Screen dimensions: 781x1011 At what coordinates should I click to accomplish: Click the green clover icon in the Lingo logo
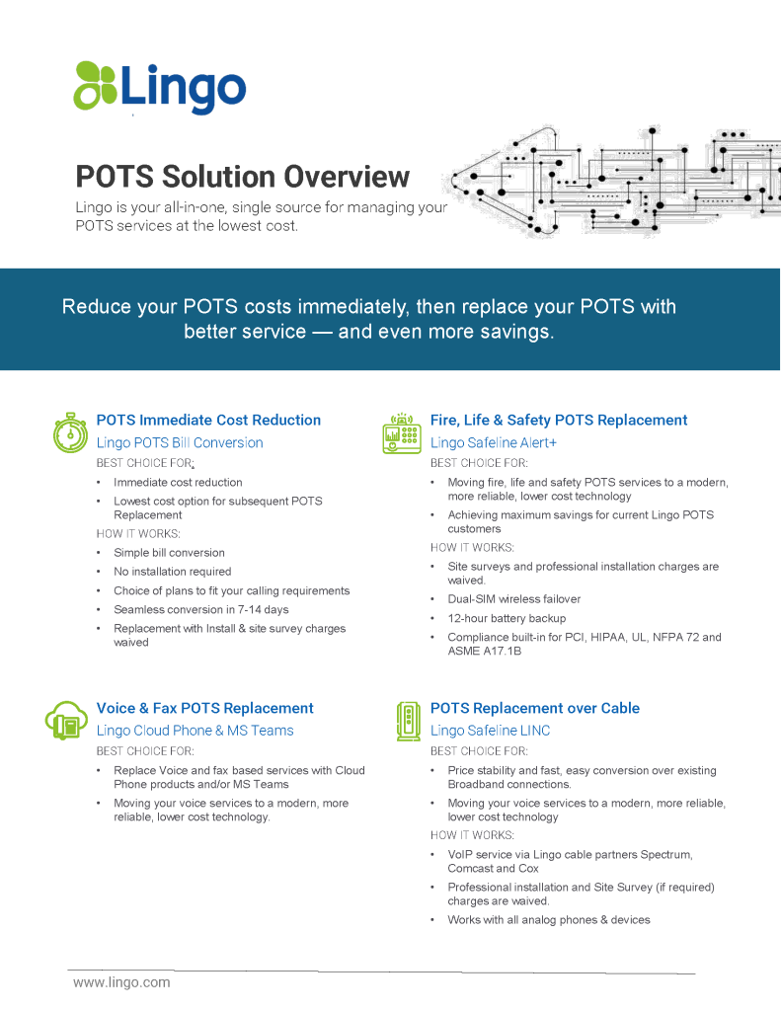[95, 85]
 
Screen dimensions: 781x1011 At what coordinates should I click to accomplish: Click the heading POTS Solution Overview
[243, 177]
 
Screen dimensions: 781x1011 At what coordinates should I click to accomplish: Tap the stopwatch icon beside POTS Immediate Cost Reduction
[70, 432]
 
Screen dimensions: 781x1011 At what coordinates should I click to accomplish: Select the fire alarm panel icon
[402, 433]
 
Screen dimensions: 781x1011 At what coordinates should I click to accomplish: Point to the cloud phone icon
[66, 720]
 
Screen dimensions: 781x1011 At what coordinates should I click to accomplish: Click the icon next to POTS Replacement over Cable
[408, 721]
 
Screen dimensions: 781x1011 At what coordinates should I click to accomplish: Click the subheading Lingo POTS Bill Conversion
[180, 443]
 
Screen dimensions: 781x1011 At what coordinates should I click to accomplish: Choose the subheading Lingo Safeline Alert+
[494, 443]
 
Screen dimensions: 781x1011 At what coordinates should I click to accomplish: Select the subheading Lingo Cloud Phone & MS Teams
[195, 731]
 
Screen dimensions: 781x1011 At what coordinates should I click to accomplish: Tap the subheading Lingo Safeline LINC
[490, 731]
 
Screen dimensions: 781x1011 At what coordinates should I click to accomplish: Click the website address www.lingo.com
[121, 982]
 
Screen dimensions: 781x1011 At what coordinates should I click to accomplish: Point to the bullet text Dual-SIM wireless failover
[514, 599]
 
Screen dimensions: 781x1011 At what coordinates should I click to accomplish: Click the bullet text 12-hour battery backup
[507, 618]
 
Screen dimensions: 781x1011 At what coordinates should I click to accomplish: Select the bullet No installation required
[172, 572]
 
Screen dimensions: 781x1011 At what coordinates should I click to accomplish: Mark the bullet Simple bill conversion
[169, 553]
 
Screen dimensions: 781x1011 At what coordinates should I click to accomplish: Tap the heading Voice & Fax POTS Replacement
[205, 708]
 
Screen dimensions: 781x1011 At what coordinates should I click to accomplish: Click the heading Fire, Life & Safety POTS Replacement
[559, 421]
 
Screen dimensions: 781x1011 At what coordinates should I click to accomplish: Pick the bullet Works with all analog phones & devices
[549, 920]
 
